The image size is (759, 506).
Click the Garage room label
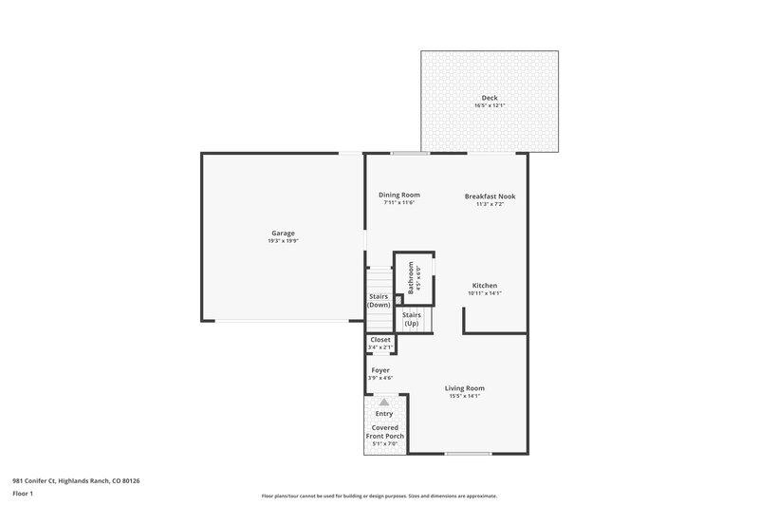pyautogui.click(x=283, y=233)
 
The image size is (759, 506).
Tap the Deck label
pyautogui.click(x=490, y=98)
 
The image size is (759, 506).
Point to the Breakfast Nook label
pyautogui.click(x=490, y=196)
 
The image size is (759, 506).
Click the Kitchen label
pyautogui.click(x=485, y=286)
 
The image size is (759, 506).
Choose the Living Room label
pyautogui.click(x=465, y=387)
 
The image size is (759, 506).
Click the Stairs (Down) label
pyautogui.click(x=379, y=301)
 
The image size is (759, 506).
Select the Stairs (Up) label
pyautogui.click(x=411, y=319)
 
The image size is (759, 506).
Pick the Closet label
pyautogui.click(x=380, y=339)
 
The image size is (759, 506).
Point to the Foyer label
pyautogui.click(x=379, y=370)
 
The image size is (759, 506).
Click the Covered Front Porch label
pyautogui.click(x=387, y=432)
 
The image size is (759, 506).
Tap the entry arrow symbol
pyautogui.click(x=384, y=403)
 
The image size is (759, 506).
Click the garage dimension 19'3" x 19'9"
pyautogui.click(x=283, y=241)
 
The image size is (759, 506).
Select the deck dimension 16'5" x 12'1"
pyautogui.click(x=490, y=105)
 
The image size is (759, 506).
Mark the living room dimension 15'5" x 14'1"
pyautogui.click(x=465, y=396)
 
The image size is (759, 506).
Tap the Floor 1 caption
pyautogui.click(x=23, y=494)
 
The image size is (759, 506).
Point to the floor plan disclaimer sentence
pyautogui.click(x=379, y=496)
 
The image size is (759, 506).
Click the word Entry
pyautogui.click(x=384, y=414)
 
